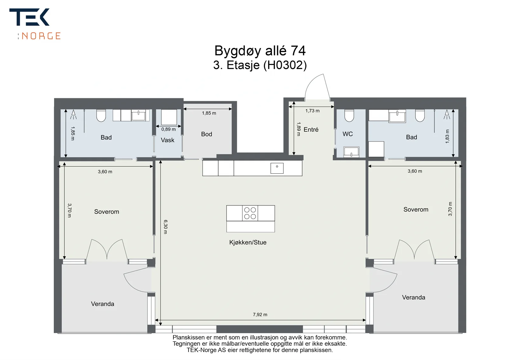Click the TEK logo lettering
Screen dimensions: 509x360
click(x=29, y=17)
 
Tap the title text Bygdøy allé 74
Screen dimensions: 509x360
click(x=260, y=51)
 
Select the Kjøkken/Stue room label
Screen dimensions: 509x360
click(x=248, y=242)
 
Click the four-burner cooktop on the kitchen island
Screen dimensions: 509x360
click(x=250, y=213)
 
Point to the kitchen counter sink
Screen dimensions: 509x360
click(x=277, y=168)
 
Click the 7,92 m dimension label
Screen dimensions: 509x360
click(x=260, y=315)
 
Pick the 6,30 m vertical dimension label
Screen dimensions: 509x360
click(x=165, y=227)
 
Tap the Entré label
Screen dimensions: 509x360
click(x=311, y=129)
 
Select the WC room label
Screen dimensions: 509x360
click(x=348, y=134)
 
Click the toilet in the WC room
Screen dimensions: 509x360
click(x=349, y=115)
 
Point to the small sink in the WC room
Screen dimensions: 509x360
click(x=351, y=152)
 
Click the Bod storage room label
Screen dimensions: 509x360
click(x=206, y=134)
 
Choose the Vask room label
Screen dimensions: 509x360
click(x=167, y=140)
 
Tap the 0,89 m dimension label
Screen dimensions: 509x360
click(x=168, y=129)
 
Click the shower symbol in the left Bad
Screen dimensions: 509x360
click(x=73, y=114)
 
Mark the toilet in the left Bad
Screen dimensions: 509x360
click(x=101, y=115)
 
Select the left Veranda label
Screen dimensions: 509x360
click(x=102, y=304)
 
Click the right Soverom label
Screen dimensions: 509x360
click(x=416, y=209)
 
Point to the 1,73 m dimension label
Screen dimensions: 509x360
click(x=312, y=111)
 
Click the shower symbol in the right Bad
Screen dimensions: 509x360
click(x=447, y=114)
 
